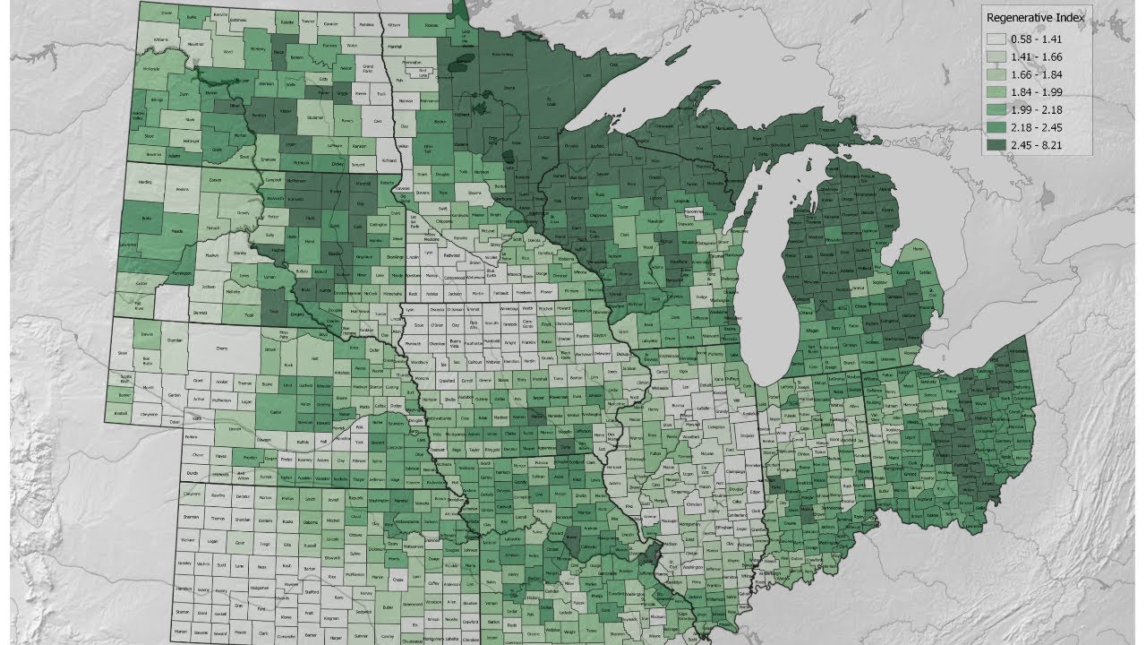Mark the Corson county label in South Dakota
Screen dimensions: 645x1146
point(215,180)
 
